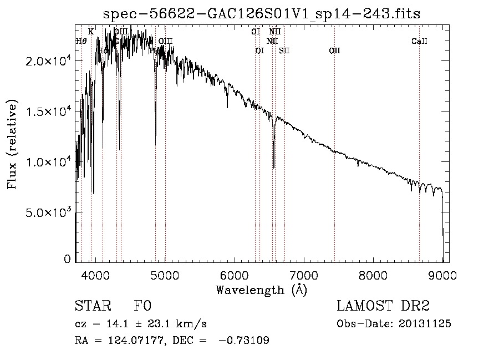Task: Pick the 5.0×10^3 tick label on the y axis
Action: (x=49, y=212)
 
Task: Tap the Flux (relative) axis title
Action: (x=12, y=144)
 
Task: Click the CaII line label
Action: (x=419, y=42)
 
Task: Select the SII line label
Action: (x=284, y=50)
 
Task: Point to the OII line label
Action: (x=334, y=50)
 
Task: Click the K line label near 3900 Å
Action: (x=91, y=32)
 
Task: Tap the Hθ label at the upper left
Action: (x=81, y=41)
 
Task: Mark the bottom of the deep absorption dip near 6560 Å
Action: (x=273, y=167)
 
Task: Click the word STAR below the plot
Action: (x=93, y=306)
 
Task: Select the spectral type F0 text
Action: (x=142, y=306)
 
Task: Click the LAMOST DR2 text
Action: (x=383, y=306)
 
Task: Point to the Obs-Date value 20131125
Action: (x=424, y=323)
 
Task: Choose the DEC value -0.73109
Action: (x=244, y=340)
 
